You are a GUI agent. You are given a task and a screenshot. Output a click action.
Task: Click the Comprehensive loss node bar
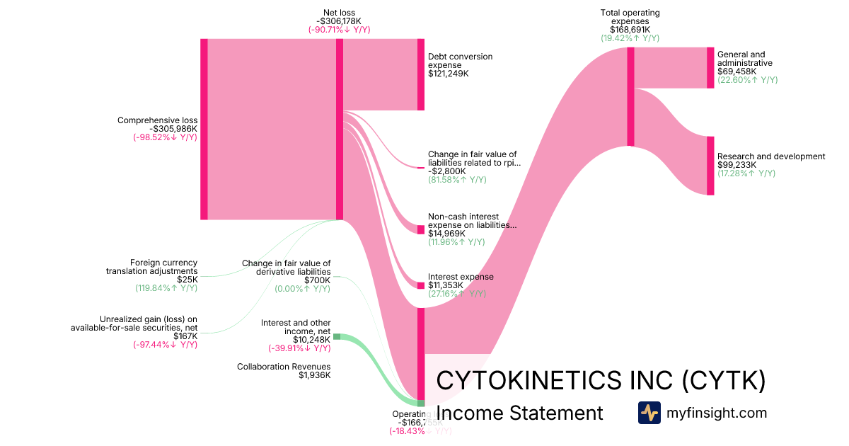point(204,129)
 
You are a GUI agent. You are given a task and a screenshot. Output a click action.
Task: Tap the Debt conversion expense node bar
point(420,74)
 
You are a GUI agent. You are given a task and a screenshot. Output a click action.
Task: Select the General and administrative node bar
point(710,68)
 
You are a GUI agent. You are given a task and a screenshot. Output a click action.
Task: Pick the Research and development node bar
point(710,166)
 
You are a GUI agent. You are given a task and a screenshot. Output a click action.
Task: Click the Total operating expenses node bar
point(630,96)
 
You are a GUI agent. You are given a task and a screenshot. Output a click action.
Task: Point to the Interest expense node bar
point(420,285)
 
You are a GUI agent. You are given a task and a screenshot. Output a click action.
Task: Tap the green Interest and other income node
point(337,336)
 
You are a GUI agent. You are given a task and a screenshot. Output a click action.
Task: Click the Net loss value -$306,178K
point(339,21)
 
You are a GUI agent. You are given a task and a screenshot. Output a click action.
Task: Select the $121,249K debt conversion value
point(449,74)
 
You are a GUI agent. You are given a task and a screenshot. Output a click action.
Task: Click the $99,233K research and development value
point(737,165)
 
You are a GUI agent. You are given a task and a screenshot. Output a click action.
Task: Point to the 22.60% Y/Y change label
point(747,80)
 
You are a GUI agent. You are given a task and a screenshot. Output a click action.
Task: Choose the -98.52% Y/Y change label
point(165,137)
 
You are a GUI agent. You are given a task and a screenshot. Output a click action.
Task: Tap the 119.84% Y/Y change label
point(166,288)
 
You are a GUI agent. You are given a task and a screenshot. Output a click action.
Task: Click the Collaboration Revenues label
point(284,367)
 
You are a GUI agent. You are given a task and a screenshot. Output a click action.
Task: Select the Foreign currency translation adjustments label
point(152,267)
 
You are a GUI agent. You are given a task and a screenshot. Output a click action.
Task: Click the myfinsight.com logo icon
point(649,413)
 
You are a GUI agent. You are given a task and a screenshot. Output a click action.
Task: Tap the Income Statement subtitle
point(519,413)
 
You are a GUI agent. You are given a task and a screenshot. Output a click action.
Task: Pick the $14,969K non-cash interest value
point(447,234)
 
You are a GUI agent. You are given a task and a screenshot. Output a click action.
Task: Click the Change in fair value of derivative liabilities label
point(287,267)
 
